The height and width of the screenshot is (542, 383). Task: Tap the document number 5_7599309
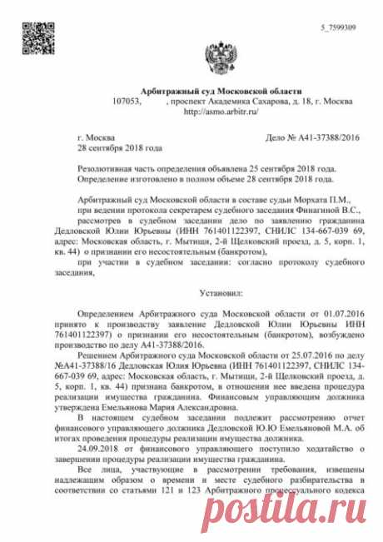[x=340, y=27]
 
